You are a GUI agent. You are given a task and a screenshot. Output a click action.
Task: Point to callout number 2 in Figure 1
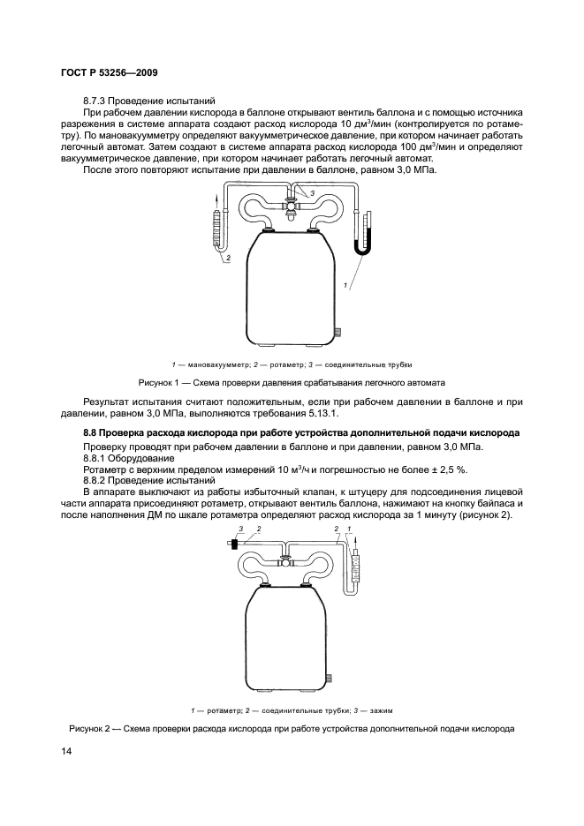229,258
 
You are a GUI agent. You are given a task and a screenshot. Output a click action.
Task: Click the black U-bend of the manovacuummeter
362,249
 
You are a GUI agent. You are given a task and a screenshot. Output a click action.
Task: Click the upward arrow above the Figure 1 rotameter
216,206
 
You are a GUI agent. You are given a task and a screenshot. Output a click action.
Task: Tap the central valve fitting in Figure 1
292,206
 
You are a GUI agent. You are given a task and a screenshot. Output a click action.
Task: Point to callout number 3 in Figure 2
241,528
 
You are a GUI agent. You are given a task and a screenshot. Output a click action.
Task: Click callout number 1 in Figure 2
349,528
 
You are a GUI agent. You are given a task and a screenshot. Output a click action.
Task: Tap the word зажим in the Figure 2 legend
383,710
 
